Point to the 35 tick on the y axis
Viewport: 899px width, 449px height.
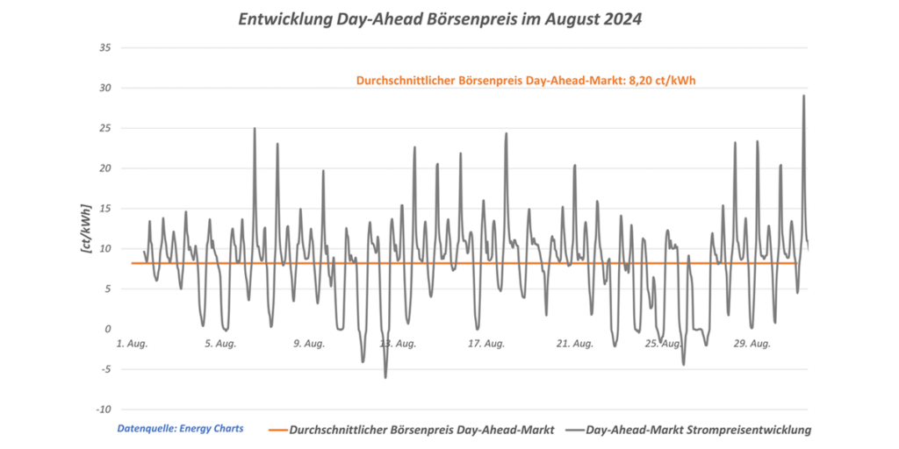click(x=103, y=47)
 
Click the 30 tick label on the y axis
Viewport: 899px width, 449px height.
click(x=103, y=88)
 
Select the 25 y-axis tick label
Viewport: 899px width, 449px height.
click(x=103, y=128)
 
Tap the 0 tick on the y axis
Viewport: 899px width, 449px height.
click(x=106, y=329)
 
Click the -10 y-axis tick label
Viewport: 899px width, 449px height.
click(x=101, y=410)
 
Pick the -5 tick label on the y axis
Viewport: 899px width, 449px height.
click(x=104, y=369)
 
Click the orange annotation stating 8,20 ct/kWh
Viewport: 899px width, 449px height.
click(x=527, y=79)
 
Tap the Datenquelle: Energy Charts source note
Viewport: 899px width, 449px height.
click(x=180, y=429)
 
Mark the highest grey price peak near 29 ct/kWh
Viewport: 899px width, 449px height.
click(x=803, y=96)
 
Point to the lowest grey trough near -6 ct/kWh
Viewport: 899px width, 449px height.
click(x=385, y=377)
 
